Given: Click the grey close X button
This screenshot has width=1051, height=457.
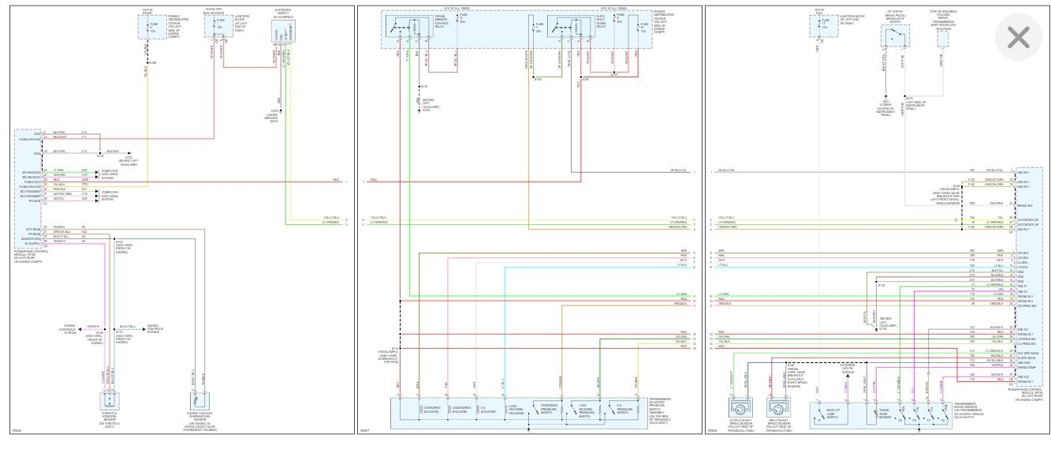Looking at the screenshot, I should click(x=1019, y=37).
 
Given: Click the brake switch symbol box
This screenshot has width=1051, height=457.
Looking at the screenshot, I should click(x=895, y=36).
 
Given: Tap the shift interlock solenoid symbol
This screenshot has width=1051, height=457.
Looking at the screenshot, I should click(x=943, y=36).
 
